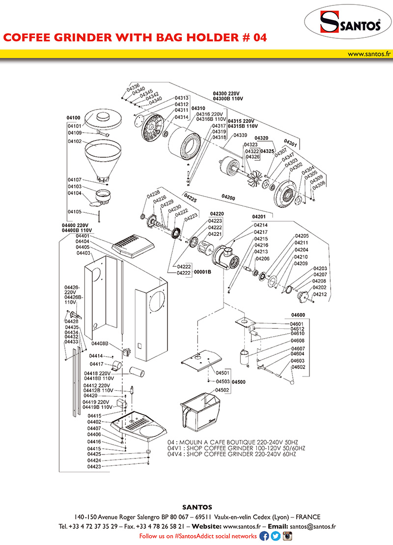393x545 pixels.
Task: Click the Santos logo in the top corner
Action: point(349,23)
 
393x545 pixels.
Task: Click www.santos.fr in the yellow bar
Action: point(368,54)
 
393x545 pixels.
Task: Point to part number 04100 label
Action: point(74,118)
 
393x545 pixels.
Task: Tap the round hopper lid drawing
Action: point(103,118)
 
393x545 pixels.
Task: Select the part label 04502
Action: point(223,390)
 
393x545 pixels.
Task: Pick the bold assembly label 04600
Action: point(298,315)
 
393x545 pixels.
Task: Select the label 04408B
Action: point(100,344)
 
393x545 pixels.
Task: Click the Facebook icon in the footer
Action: point(264,536)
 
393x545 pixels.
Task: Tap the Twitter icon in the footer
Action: point(276,536)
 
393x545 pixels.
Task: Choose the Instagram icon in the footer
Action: point(287,536)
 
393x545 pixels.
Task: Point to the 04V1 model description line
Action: point(236,449)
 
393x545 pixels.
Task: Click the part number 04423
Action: point(94,467)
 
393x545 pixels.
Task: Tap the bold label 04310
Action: point(198,108)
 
